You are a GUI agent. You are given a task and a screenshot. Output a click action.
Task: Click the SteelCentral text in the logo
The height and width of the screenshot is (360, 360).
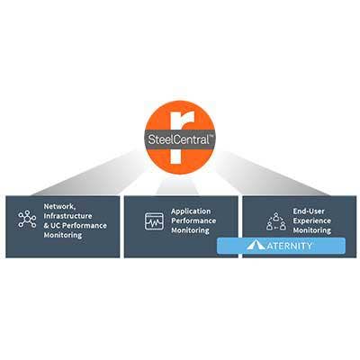pos(179,139)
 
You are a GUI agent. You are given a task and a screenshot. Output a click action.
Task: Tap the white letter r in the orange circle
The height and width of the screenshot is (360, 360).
pos(178,138)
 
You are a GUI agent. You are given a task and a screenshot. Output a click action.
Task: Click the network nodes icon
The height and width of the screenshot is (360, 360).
pos(27,219)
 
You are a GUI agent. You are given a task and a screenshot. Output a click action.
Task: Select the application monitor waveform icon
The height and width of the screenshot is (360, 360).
pos(154,221)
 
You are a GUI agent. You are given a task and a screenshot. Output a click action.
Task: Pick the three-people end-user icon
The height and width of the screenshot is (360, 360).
pos(276,221)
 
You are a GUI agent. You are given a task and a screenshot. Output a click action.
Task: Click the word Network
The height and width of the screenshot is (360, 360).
pos(59,207)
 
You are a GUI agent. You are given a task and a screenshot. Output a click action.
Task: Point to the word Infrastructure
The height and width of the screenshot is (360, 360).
pos(67,216)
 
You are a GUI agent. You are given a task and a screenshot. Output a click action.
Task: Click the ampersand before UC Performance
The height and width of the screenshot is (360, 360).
pos(47,226)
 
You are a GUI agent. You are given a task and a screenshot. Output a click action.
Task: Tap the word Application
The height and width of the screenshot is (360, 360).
pos(191,211)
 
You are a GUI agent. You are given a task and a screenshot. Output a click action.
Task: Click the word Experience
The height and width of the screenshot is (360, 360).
pos(312,220)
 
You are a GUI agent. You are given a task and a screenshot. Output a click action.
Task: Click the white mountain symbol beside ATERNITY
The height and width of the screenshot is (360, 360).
pos(256,246)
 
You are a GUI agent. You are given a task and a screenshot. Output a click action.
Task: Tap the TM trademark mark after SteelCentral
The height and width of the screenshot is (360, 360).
pos(211,137)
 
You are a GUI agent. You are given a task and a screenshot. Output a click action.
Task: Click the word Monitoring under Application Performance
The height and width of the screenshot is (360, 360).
pos(190,230)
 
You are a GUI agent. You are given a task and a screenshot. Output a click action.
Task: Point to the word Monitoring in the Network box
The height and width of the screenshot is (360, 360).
pos(63,235)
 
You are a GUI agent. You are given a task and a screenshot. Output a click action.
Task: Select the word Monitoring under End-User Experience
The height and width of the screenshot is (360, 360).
pos(312,230)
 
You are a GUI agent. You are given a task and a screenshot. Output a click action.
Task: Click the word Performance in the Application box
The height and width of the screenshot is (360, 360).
pos(193,220)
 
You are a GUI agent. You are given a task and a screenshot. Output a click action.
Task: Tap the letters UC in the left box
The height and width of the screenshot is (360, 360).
pos(56,226)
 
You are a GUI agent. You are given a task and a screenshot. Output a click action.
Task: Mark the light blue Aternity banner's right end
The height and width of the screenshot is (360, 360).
pos(345,246)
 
